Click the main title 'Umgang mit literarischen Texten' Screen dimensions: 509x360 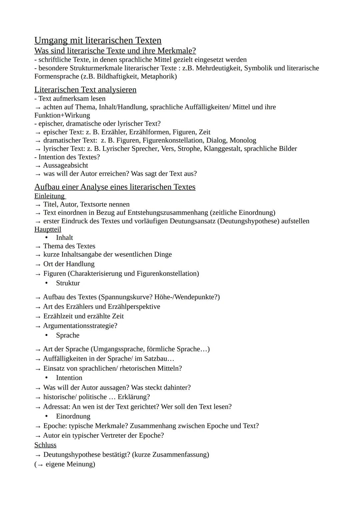pyautogui.click(x=98, y=40)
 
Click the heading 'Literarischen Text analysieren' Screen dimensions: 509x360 pyautogui.click(x=85, y=90)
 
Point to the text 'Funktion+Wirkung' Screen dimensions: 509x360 pyautogui.click(x=62, y=115)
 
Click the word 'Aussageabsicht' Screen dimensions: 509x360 pyautogui.click(x=66, y=165)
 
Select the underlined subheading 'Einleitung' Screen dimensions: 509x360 pyautogui.click(x=49, y=196)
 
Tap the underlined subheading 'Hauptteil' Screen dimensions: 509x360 pyautogui.click(x=48, y=229)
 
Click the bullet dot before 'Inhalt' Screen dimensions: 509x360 pyautogui.click(x=46, y=238)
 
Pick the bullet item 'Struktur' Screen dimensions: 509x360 pyautogui.click(x=68, y=283)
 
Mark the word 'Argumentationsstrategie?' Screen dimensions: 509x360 pyautogui.click(x=80, y=326)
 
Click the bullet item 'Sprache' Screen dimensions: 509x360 pyautogui.click(x=68, y=335)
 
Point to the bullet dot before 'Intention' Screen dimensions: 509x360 pyautogui.click(x=46, y=378)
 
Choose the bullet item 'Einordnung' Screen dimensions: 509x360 pyautogui.click(x=73, y=416)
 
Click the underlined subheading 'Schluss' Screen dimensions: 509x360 pyautogui.click(x=45, y=445)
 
